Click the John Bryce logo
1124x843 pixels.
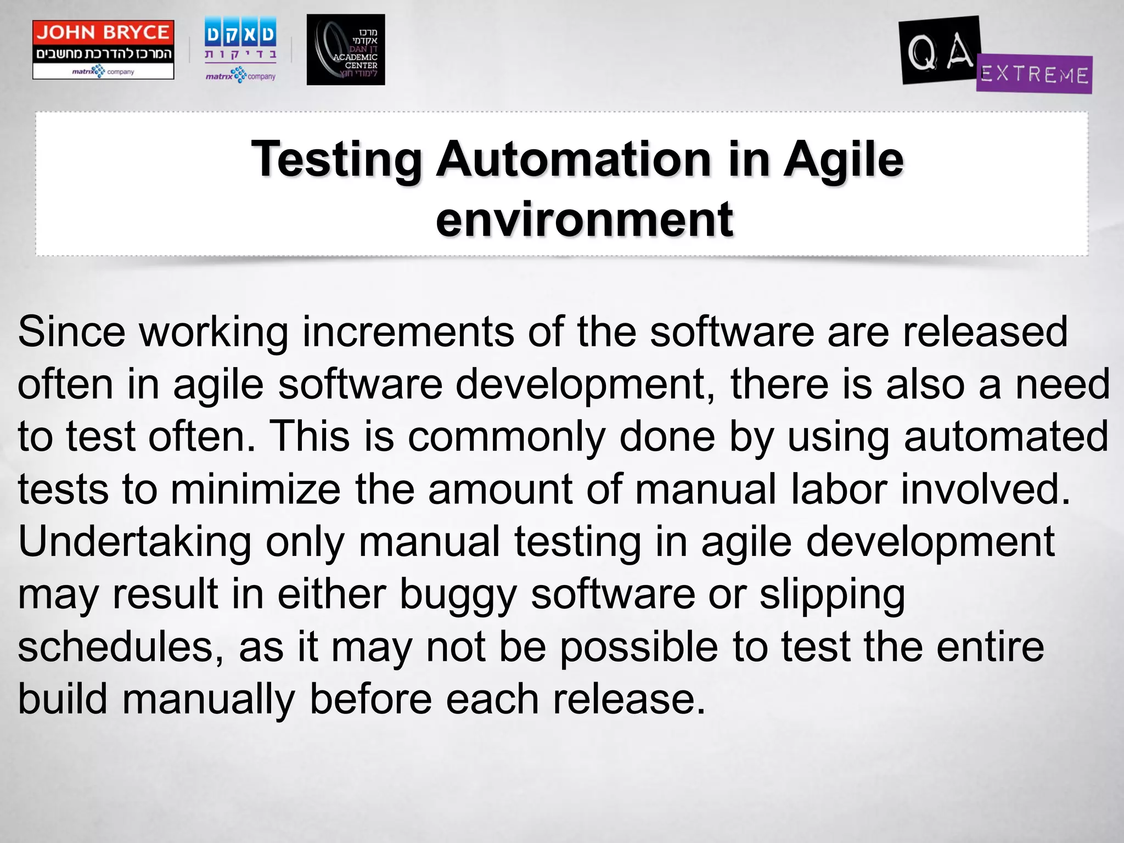pyautogui.click(x=103, y=50)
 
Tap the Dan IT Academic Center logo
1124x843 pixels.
pyautogui.click(x=346, y=50)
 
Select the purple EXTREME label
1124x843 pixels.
pyautogui.click(x=1035, y=75)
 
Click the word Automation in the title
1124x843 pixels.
pyautogui.click(x=574, y=159)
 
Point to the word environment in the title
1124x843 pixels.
pyautogui.click(x=584, y=220)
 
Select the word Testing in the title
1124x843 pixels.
pyautogui.click(x=336, y=159)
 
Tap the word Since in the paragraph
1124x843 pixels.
pyautogui.click(x=71, y=331)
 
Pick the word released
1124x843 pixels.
pyautogui.click(x=985, y=331)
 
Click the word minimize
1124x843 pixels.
pyautogui.click(x=256, y=489)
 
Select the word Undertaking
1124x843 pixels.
pyautogui.click(x=134, y=542)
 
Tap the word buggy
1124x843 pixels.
pyautogui.click(x=458, y=594)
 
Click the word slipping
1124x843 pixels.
pyautogui.click(x=832, y=594)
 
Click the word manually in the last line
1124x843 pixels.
pyautogui.click(x=209, y=699)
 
